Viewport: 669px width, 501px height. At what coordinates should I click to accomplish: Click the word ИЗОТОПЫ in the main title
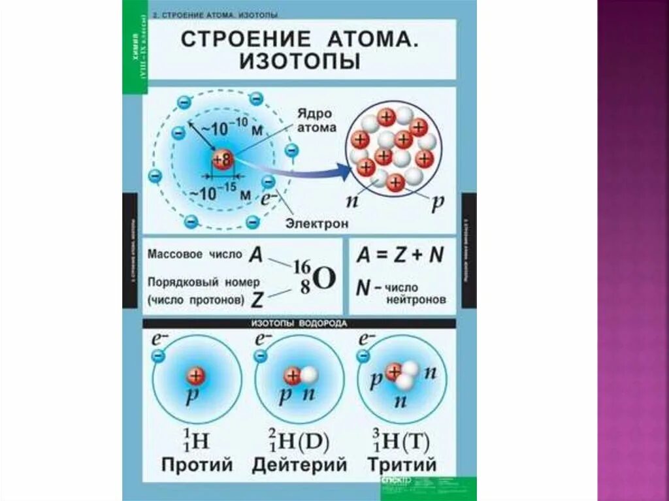299,61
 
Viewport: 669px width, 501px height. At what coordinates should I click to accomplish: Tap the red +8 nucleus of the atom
222,159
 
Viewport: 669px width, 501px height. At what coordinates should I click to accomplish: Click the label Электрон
316,223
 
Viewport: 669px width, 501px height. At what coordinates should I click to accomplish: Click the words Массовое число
195,254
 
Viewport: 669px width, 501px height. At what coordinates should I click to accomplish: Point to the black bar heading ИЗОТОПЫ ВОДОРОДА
299,323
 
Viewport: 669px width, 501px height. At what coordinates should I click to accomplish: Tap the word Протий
197,465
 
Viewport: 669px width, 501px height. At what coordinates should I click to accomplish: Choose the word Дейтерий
299,465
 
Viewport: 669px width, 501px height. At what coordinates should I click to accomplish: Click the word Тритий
401,465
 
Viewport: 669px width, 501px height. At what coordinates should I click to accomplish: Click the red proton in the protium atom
195,376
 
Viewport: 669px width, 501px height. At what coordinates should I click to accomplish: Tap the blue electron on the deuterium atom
260,356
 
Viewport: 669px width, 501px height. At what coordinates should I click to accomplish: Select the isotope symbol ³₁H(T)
398,442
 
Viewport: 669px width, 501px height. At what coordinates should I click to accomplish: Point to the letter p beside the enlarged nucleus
437,203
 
